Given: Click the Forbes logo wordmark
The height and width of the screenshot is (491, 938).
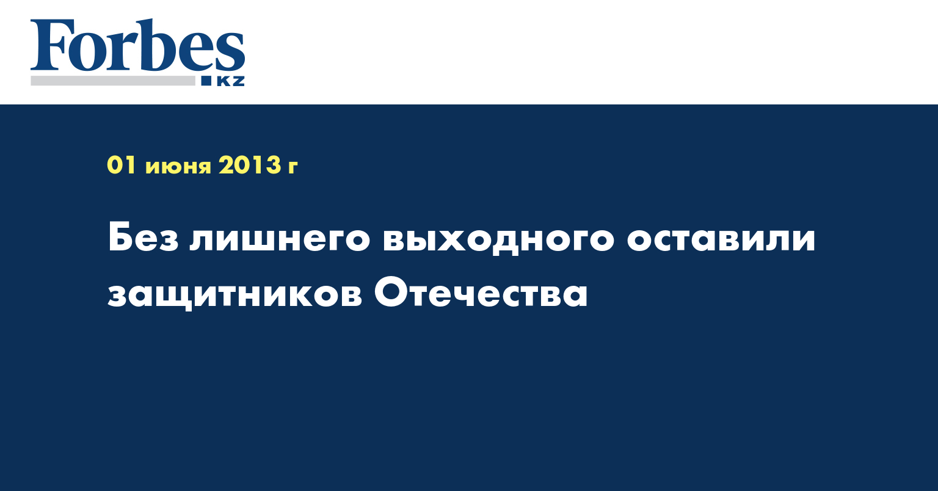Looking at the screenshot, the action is (x=137, y=45).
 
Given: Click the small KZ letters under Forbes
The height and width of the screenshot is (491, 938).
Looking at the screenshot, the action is (x=230, y=81).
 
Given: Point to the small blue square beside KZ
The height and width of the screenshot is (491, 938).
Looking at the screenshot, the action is (x=206, y=81).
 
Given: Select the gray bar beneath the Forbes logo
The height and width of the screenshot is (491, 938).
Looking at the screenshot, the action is (x=113, y=81).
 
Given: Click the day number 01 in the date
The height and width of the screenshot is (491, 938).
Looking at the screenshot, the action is (x=122, y=165).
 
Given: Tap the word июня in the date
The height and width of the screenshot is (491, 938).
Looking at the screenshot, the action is (x=178, y=167).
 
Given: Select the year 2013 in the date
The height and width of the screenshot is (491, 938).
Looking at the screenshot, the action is (x=250, y=165).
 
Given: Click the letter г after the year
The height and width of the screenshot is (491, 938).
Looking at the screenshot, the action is (x=293, y=167).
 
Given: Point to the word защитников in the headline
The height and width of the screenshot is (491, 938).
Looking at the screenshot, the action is (x=235, y=296).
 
